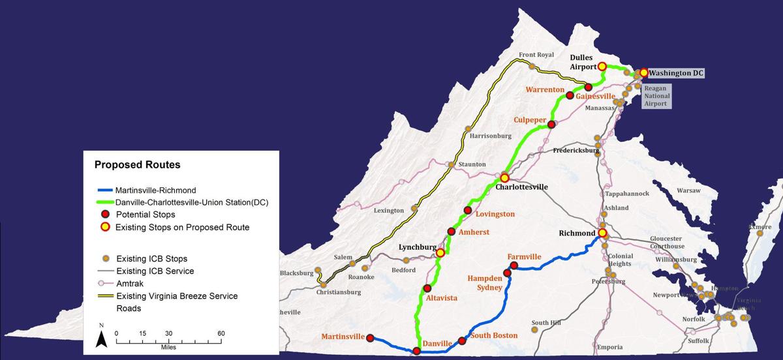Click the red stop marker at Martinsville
pyautogui.click(x=370, y=338)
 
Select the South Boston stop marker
pyautogui.click(x=462, y=340)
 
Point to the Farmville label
pyautogui.click(x=525, y=257)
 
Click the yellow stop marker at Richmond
pyautogui.click(x=602, y=233)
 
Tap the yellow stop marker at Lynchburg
pyautogui.click(x=440, y=252)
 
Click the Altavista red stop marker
pyautogui.click(x=427, y=288)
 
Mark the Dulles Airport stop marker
pyautogui.click(x=602, y=66)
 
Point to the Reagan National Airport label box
pyautogui.click(x=655, y=95)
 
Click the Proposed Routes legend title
pyautogui.click(x=137, y=165)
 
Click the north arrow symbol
pyautogui.click(x=102, y=337)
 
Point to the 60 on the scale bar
pyautogui.click(x=221, y=333)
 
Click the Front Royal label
pyautogui.click(x=536, y=55)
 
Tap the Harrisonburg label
pyautogui.click(x=491, y=136)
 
